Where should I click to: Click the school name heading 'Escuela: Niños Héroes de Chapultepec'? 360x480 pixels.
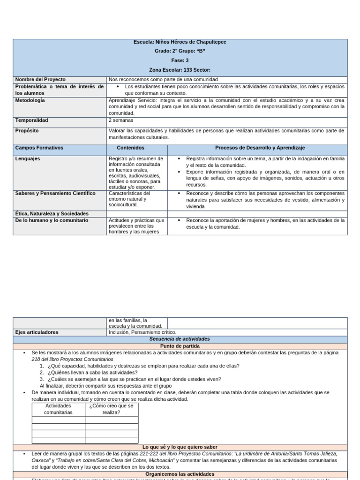pos(180,42)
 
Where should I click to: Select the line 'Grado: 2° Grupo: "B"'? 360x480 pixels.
pos(180,51)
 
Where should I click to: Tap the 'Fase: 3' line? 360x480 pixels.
pos(180,60)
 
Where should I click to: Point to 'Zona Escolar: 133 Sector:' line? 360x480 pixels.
pos(180,70)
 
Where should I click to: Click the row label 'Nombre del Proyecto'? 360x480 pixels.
pos(40,80)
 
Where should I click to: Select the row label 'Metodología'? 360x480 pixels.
pos(30,100)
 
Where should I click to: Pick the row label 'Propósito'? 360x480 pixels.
pos(27,130)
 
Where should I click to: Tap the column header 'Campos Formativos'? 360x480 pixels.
pos(39,148)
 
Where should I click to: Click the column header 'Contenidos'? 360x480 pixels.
pos(130,148)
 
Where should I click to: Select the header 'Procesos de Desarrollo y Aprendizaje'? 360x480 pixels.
pos(260,148)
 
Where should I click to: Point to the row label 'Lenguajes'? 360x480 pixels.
pos(28,159)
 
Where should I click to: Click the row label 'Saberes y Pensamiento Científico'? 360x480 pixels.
pos(55,193)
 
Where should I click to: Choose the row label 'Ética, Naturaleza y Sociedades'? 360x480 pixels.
pos(52,214)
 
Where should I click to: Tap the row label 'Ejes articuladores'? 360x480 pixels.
pos(37,332)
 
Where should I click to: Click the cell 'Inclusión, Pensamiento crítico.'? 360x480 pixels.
pos(142,332)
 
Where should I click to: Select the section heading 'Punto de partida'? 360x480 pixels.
pos(180,346)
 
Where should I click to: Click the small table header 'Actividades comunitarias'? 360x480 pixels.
pos(58,409)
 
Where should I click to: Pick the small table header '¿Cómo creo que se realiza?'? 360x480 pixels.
pos(111,409)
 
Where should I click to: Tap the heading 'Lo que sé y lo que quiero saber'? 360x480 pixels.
pos(180,447)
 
